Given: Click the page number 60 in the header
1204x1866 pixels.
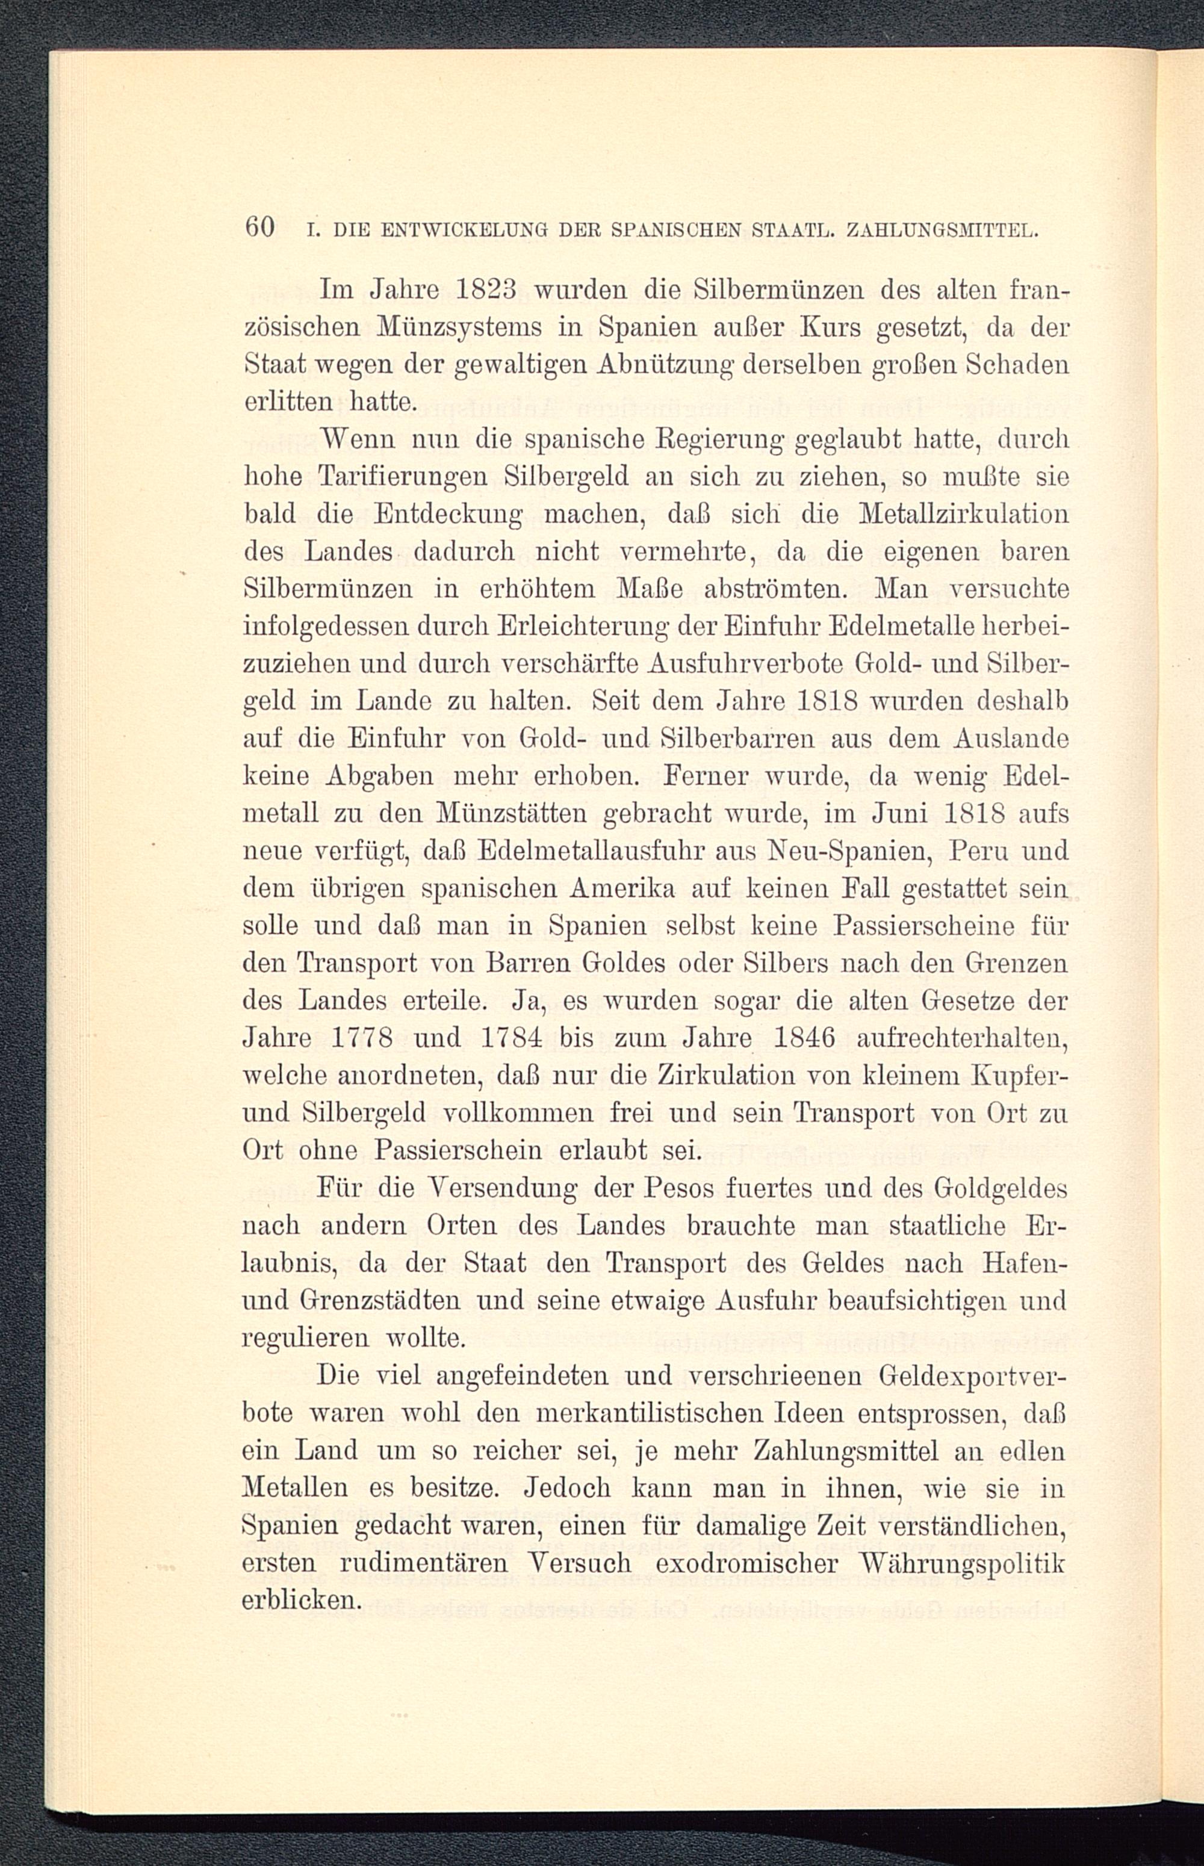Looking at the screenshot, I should click(260, 228).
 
